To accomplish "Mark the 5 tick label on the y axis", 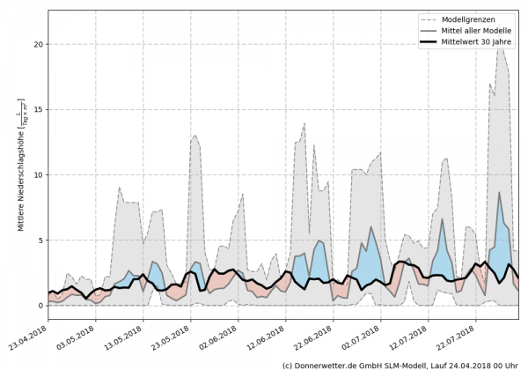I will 40,240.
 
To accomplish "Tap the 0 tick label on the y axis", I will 40,306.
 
